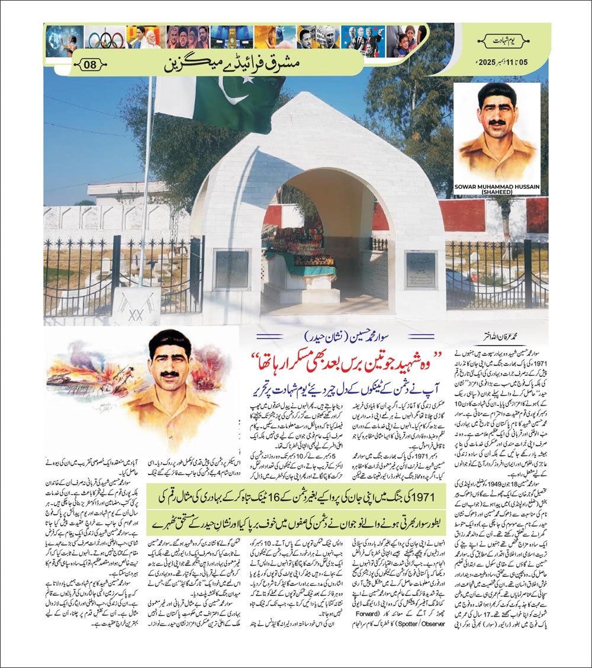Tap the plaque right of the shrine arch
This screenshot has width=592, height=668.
coord(420,269)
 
